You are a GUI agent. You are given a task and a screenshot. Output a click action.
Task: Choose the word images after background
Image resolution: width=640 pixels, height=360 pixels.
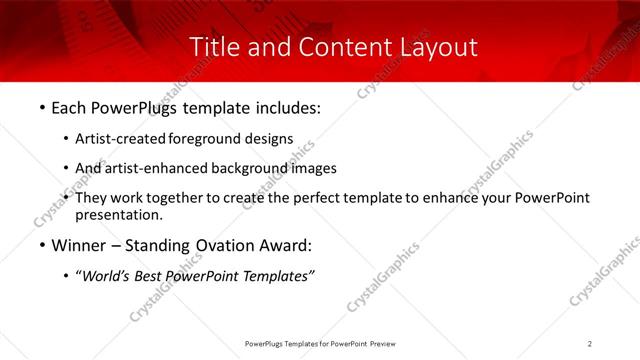(x=314, y=168)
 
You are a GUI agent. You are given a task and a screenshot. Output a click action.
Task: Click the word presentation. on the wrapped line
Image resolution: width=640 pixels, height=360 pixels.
(x=118, y=214)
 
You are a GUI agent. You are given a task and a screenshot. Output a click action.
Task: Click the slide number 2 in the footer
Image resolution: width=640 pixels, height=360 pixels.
(x=590, y=344)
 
